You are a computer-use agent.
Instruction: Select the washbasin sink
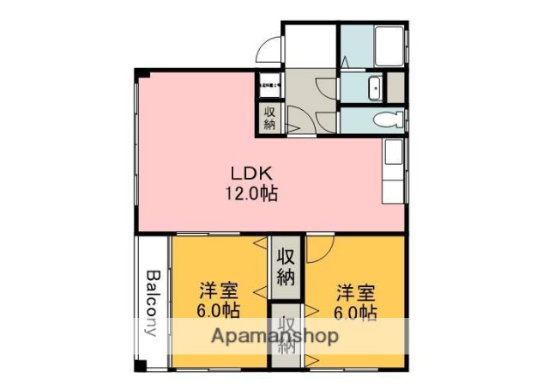pos(375,88)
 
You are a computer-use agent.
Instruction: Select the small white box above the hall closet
pos(268,85)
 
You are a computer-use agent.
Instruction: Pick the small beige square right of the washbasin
pos(396,88)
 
